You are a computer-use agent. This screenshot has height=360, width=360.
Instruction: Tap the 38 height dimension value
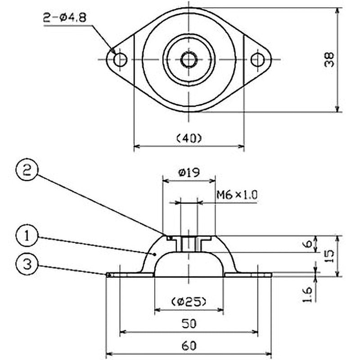[x=329, y=59]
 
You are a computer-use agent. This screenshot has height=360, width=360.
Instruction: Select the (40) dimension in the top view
[x=189, y=138]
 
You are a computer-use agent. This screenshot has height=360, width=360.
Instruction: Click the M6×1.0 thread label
[x=237, y=195]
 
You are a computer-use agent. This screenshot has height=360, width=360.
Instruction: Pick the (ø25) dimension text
[x=189, y=301]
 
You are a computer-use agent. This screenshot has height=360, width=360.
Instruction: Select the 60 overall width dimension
[x=189, y=346]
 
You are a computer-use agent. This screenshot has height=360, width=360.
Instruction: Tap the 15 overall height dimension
[x=329, y=256]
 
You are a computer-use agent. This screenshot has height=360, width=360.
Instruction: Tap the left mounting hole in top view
[x=120, y=59]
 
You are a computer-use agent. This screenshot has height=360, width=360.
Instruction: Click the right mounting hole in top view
[x=257, y=59]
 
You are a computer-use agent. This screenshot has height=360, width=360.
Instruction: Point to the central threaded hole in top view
[x=188, y=59]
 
